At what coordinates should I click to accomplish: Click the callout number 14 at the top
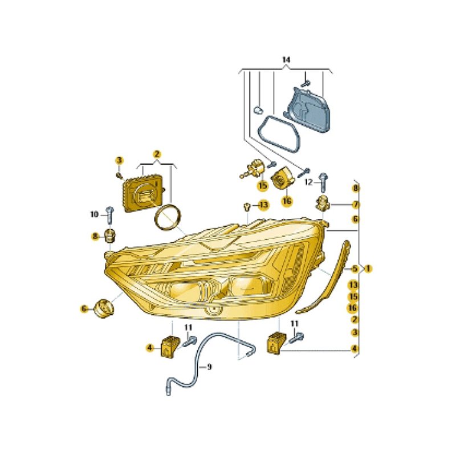(x=286, y=60)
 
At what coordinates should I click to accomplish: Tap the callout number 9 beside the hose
(x=209, y=367)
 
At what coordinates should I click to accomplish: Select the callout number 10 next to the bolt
(x=95, y=214)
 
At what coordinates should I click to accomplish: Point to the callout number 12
(x=308, y=182)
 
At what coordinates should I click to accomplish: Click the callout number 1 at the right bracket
(x=368, y=268)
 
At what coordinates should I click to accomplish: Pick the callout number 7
(x=355, y=205)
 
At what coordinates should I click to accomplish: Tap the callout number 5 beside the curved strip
(x=355, y=268)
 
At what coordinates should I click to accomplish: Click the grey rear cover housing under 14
(x=310, y=110)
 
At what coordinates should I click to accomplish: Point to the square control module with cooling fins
(x=143, y=193)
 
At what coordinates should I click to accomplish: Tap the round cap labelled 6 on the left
(x=104, y=308)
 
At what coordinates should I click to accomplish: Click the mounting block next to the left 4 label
(x=170, y=345)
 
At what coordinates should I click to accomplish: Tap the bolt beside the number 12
(x=323, y=182)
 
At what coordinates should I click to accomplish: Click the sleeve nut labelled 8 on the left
(x=109, y=235)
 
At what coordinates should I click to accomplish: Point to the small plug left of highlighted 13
(x=247, y=206)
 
